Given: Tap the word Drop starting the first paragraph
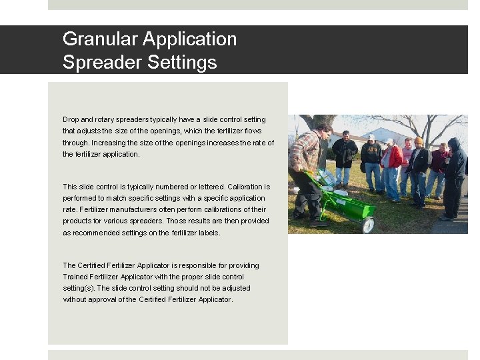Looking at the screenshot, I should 71,120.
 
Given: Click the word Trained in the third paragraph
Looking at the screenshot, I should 76,277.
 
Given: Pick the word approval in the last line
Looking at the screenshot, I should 123,300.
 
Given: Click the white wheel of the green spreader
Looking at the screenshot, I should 367,225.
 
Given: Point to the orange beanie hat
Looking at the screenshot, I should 418,141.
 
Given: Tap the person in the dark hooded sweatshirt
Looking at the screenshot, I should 455,177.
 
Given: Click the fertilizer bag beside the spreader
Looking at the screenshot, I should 327,178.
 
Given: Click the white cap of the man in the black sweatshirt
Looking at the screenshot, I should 371,137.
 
